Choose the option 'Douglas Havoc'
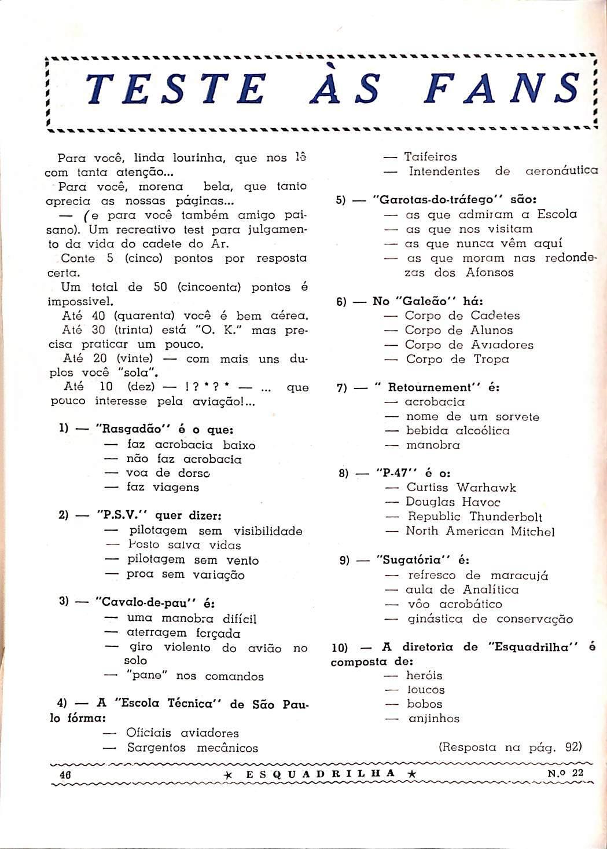click(453, 502)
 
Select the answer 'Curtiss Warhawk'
click(461, 488)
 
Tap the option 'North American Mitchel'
click(480, 531)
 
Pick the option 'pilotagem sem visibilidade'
click(215, 531)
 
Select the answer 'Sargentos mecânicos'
click(192, 748)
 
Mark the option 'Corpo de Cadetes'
click(462, 316)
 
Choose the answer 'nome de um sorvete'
click(472, 416)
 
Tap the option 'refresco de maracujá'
click(478, 575)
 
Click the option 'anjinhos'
click(433, 719)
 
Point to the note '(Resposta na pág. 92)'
click(510, 746)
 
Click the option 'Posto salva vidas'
click(185, 545)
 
